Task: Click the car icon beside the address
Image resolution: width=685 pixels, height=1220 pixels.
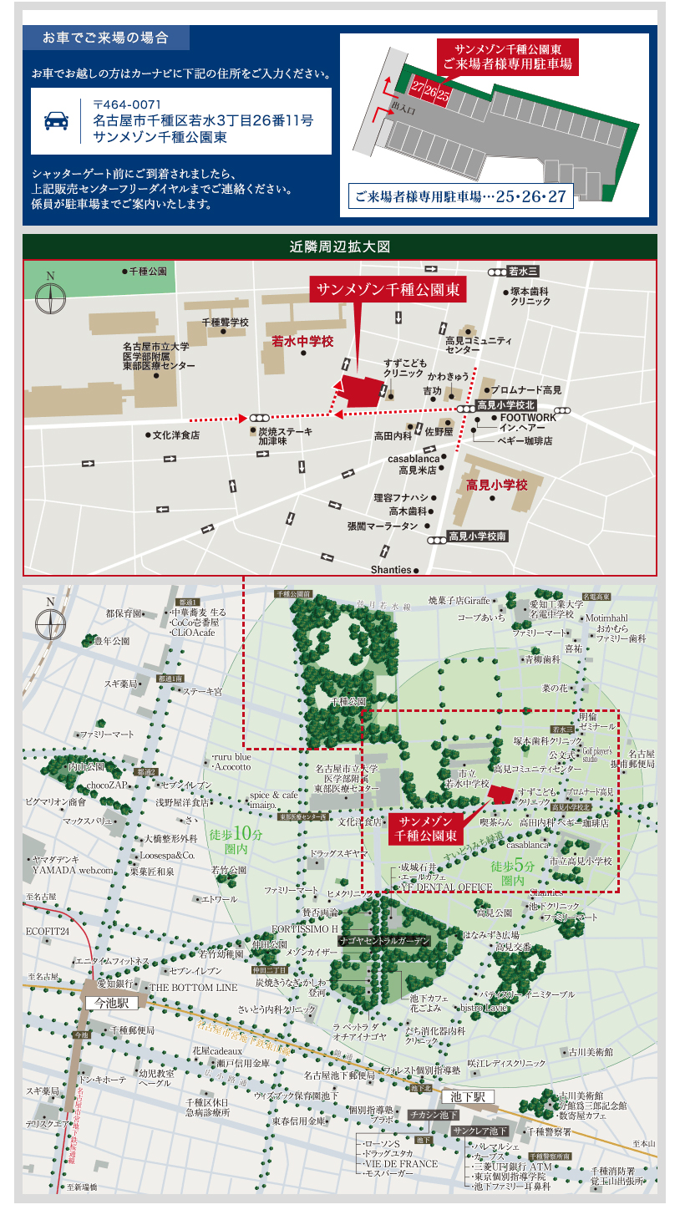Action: click(x=56, y=121)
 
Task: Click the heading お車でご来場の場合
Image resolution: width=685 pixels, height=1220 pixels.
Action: click(x=106, y=38)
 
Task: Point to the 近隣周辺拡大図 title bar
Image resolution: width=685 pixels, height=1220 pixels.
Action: click(x=340, y=247)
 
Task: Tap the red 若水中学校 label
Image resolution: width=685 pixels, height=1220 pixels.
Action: click(x=302, y=341)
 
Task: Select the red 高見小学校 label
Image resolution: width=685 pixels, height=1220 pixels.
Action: click(x=497, y=485)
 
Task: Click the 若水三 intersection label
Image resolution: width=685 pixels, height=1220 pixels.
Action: click(x=523, y=272)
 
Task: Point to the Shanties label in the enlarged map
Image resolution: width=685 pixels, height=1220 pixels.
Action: click(x=391, y=570)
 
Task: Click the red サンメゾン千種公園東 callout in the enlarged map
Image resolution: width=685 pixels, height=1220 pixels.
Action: click(x=387, y=290)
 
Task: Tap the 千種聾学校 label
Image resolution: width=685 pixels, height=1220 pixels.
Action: click(x=226, y=322)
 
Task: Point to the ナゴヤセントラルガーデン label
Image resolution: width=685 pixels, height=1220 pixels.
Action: click(x=384, y=941)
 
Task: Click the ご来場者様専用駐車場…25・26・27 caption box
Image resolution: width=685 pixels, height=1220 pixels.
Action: click(x=460, y=197)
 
